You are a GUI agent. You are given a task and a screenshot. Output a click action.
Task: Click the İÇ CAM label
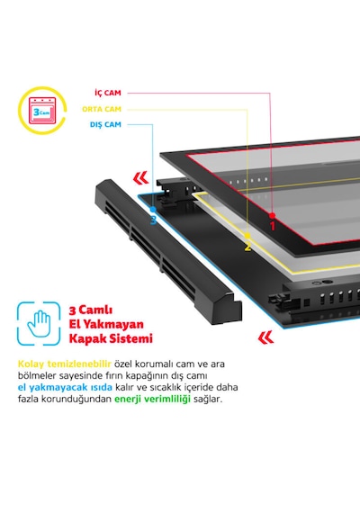tap(108, 93)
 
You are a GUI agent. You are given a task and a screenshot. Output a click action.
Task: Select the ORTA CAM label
tap(102, 109)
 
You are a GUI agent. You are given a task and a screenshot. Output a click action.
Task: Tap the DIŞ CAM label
tap(105, 125)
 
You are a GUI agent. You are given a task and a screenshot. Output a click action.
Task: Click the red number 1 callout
tap(273, 226)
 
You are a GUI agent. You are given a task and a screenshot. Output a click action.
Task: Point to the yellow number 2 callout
tap(247, 247)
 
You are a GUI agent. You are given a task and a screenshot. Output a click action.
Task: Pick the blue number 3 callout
tap(153, 220)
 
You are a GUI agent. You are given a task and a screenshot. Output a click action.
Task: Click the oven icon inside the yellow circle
tap(42, 111)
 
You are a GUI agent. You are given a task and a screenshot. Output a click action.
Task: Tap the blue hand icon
tap(39, 324)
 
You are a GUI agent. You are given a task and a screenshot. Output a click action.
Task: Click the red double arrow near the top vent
tap(140, 178)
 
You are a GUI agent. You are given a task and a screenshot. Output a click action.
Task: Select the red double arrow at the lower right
tap(265, 337)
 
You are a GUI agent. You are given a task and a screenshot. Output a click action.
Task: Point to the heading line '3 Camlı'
tap(91, 310)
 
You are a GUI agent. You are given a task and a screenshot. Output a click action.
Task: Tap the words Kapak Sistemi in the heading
tap(111, 338)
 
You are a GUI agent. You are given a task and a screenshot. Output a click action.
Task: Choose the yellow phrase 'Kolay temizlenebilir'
tap(65, 364)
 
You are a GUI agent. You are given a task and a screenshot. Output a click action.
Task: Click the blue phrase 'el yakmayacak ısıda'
tap(65, 387)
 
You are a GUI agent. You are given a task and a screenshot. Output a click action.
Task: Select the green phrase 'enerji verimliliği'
tap(152, 400)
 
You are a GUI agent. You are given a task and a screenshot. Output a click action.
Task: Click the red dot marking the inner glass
tap(273, 215)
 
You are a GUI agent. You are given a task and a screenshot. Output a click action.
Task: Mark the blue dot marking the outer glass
tap(153, 209)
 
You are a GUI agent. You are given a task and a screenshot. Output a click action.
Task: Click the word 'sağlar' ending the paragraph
tap(208, 400)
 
